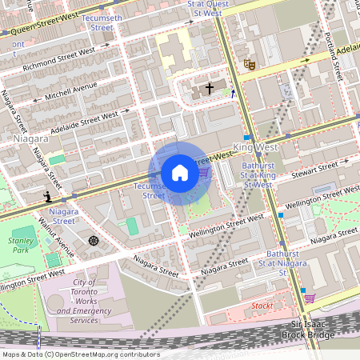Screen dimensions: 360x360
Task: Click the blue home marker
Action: click(x=180, y=173)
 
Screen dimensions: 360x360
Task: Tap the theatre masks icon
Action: click(x=249, y=63)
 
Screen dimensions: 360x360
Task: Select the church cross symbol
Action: click(x=210, y=89)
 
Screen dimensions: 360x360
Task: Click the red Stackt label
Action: click(x=262, y=306)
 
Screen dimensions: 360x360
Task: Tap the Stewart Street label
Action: click(x=315, y=170)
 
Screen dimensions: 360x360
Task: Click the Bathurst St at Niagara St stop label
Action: click(x=272, y=263)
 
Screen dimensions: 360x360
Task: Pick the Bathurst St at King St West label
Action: click(x=257, y=175)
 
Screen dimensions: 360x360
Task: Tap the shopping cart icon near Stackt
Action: click(x=309, y=298)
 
